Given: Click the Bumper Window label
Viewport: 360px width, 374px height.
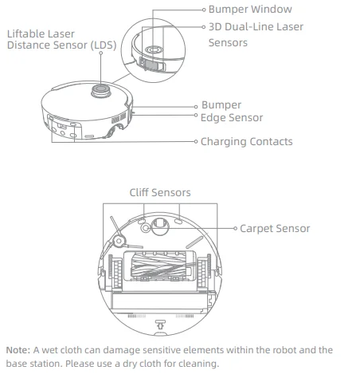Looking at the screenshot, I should tap(250, 10).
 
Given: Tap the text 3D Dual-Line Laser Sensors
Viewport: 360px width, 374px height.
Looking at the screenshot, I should tap(256, 34).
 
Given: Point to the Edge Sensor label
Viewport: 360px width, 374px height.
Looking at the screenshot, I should tap(232, 118).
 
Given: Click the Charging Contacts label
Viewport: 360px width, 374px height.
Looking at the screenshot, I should tap(247, 142).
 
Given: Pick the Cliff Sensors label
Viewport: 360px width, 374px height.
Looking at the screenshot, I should tap(160, 193).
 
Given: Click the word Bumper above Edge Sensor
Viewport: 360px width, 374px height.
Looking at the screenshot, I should tap(221, 105).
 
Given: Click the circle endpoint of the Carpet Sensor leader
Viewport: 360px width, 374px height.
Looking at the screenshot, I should tap(236, 229).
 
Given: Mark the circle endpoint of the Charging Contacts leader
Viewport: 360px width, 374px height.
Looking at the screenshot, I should tap(196, 142).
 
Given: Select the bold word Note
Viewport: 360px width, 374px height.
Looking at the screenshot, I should tap(17, 350).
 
